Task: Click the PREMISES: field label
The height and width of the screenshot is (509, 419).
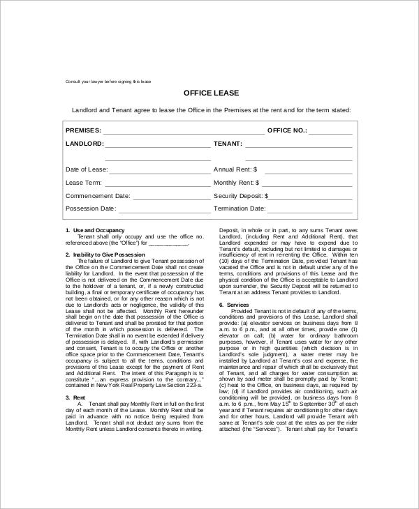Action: [x=83, y=130]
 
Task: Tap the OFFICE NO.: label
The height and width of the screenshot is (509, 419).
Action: [x=287, y=130]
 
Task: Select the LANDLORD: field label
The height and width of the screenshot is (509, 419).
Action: [x=84, y=144]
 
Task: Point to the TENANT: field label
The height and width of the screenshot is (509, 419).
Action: [x=228, y=144]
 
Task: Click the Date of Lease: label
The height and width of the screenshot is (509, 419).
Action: [x=87, y=169]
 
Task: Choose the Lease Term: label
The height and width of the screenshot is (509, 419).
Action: [x=84, y=183]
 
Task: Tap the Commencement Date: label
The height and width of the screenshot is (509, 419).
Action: [x=98, y=196]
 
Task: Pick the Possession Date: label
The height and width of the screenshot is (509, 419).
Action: [x=91, y=208]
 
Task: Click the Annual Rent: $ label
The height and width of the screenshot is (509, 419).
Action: [x=235, y=169]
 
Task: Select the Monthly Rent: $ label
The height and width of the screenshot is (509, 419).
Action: [x=237, y=183]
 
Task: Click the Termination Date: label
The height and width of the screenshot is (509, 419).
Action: [x=240, y=208]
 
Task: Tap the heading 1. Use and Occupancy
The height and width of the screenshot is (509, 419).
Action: [x=95, y=230]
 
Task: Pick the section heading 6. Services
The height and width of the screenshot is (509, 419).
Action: [x=234, y=305]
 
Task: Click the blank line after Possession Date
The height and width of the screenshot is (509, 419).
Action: [x=163, y=211]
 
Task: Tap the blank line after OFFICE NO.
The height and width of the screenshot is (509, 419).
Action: [x=331, y=132]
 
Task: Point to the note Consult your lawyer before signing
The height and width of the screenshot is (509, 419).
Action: [x=108, y=82]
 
